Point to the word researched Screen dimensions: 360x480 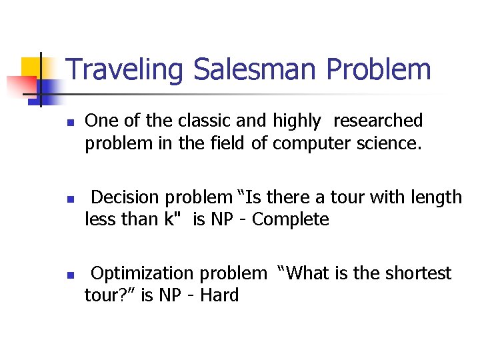coord(378,121)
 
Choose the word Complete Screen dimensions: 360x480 coord(291,219)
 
